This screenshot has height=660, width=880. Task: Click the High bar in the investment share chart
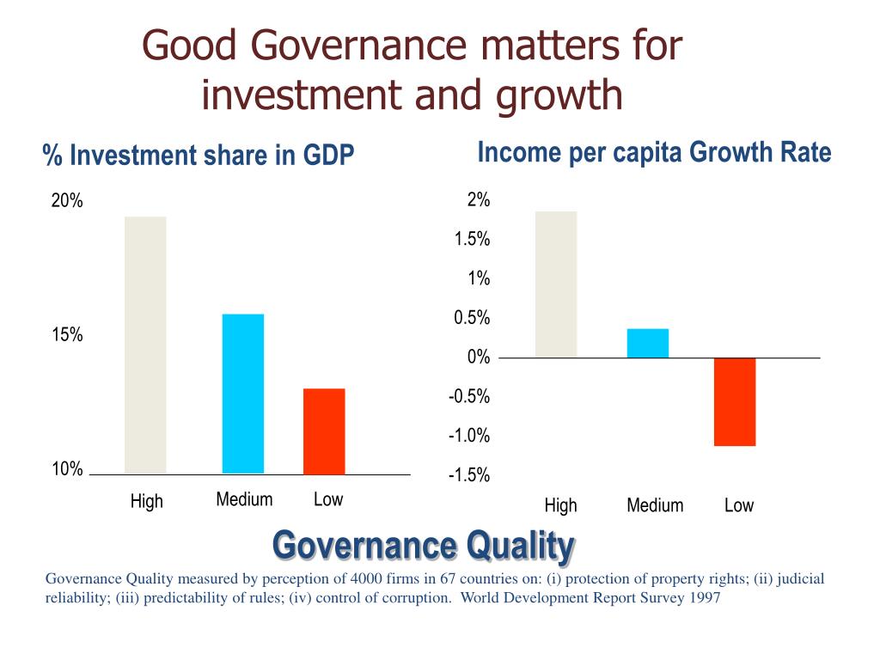pyautogui.click(x=145, y=345)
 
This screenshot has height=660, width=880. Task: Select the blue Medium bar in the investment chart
pyautogui.click(x=243, y=394)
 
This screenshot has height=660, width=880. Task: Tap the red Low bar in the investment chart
pyautogui.click(x=324, y=431)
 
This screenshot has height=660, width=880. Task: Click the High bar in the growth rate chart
pyautogui.click(x=556, y=284)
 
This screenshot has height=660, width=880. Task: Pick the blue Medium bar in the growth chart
pyautogui.click(x=648, y=343)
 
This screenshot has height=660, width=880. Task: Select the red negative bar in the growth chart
pyautogui.click(x=735, y=401)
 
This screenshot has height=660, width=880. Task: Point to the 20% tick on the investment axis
pyautogui.click(x=67, y=201)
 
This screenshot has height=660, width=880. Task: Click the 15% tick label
pyautogui.click(x=67, y=335)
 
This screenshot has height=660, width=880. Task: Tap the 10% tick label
pyautogui.click(x=67, y=469)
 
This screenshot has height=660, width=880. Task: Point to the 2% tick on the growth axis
pyautogui.click(x=479, y=200)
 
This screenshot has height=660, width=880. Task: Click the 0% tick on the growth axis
pyautogui.click(x=479, y=357)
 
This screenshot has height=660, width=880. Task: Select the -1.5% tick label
pyautogui.click(x=469, y=476)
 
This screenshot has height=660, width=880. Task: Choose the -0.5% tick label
pyautogui.click(x=469, y=397)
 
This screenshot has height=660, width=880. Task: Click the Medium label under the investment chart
pyautogui.click(x=244, y=499)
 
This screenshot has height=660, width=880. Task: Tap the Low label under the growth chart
pyautogui.click(x=739, y=505)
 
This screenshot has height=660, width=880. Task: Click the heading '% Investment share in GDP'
pyautogui.click(x=199, y=156)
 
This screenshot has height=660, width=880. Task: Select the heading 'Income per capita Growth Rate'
pyautogui.click(x=654, y=153)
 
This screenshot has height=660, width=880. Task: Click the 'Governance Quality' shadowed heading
pyautogui.click(x=424, y=545)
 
